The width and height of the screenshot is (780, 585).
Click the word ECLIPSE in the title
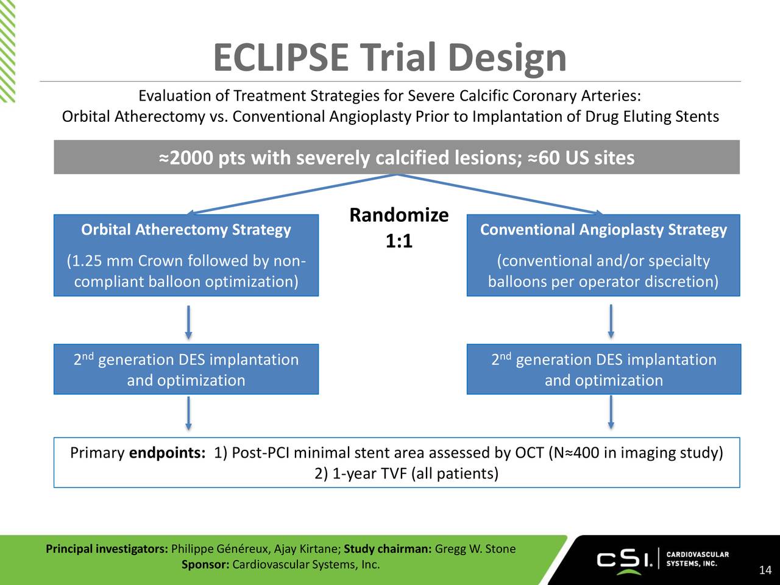point(280,58)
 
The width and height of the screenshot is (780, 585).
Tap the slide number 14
point(765,570)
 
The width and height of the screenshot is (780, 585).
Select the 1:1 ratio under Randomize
point(399,242)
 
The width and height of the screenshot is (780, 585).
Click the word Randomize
point(399,215)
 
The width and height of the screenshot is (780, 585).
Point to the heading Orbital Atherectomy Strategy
point(186,230)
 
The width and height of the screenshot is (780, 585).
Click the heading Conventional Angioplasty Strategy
point(603,230)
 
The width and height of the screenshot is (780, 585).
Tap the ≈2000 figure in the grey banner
point(186,158)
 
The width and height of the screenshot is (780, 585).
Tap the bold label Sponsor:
point(205,564)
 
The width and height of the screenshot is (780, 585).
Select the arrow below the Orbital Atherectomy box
point(189,322)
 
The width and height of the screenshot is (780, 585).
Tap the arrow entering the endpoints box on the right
point(611,414)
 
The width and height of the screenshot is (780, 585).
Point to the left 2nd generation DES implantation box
point(186,369)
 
